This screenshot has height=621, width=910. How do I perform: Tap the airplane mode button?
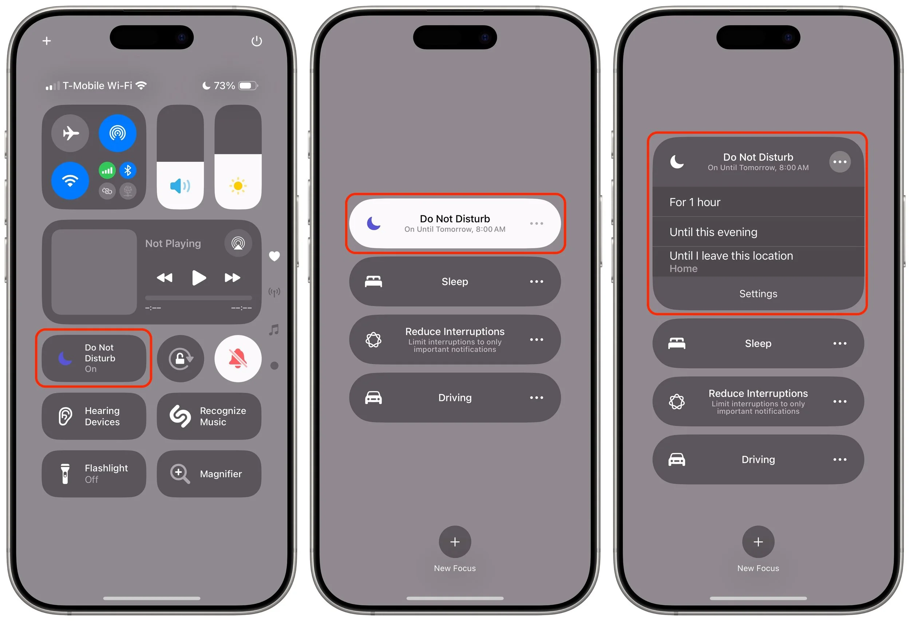(70, 133)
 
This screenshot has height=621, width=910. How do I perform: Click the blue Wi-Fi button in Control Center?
(70, 181)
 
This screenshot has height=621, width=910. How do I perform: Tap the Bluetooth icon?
(128, 170)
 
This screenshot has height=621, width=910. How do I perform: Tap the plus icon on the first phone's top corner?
(47, 41)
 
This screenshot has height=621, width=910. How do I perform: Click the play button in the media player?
(199, 278)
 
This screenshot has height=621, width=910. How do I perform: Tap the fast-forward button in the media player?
(232, 278)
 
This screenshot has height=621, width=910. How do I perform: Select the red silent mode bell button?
(238, 358)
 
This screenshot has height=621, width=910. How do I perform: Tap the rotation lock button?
(181, 358)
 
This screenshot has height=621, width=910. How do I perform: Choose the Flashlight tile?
(94, 474)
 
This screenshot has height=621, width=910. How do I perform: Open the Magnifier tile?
(209, 474)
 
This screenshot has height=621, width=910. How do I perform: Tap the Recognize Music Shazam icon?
(180, 416)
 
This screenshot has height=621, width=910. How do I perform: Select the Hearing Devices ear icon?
(65, 416)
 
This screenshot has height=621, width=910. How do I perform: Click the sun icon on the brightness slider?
(238, 186)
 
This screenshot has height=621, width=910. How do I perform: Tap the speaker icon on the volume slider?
(180, 186)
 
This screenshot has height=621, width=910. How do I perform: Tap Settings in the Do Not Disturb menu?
(758, 294)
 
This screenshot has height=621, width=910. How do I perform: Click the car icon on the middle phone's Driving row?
(373, 398)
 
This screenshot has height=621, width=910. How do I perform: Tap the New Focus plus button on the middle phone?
(455, 542)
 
